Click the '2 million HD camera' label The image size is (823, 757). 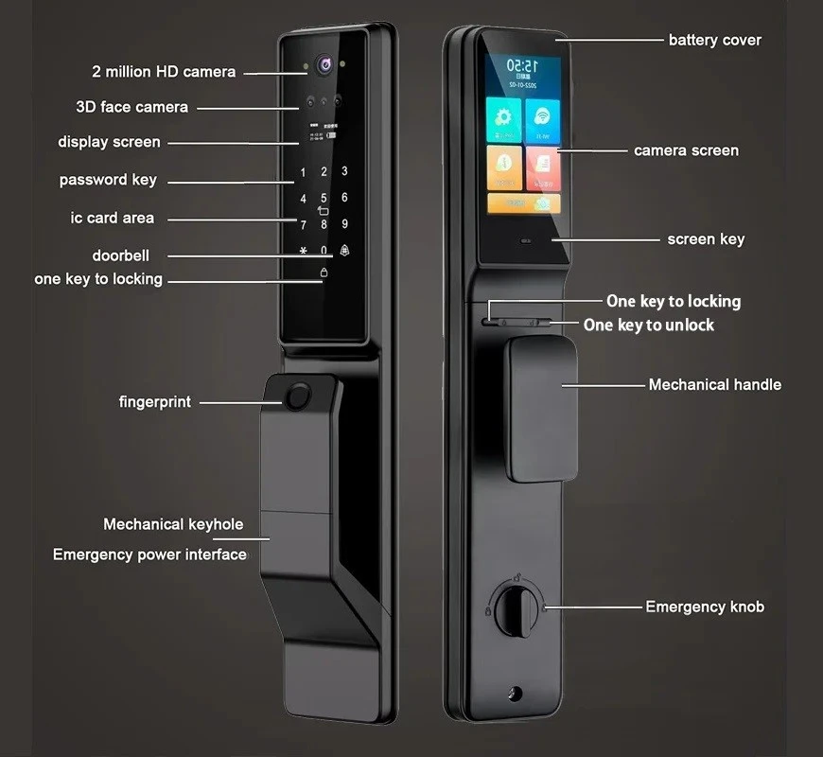pos(164,72)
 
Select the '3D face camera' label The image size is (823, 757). pos(131,107)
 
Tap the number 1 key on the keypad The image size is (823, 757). pos(303,173)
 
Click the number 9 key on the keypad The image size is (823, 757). pos(344,224)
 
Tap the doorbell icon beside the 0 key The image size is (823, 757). pos(343,252)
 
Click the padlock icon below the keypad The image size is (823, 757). pos(324,273)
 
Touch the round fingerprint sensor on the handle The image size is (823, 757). pos(297,398)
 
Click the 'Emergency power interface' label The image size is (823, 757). pos(149,555)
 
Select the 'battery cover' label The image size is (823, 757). pos(714,40)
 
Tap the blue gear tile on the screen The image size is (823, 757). pos(503,120)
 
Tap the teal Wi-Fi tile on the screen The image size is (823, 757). pos(542,120)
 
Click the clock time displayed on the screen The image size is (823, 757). pos(522,66)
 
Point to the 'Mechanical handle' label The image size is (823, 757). pos(714,385)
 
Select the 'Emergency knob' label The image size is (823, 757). pos(704,607)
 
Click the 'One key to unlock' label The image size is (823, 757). pos(648,325)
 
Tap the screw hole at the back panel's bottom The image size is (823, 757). pos(514,694)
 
